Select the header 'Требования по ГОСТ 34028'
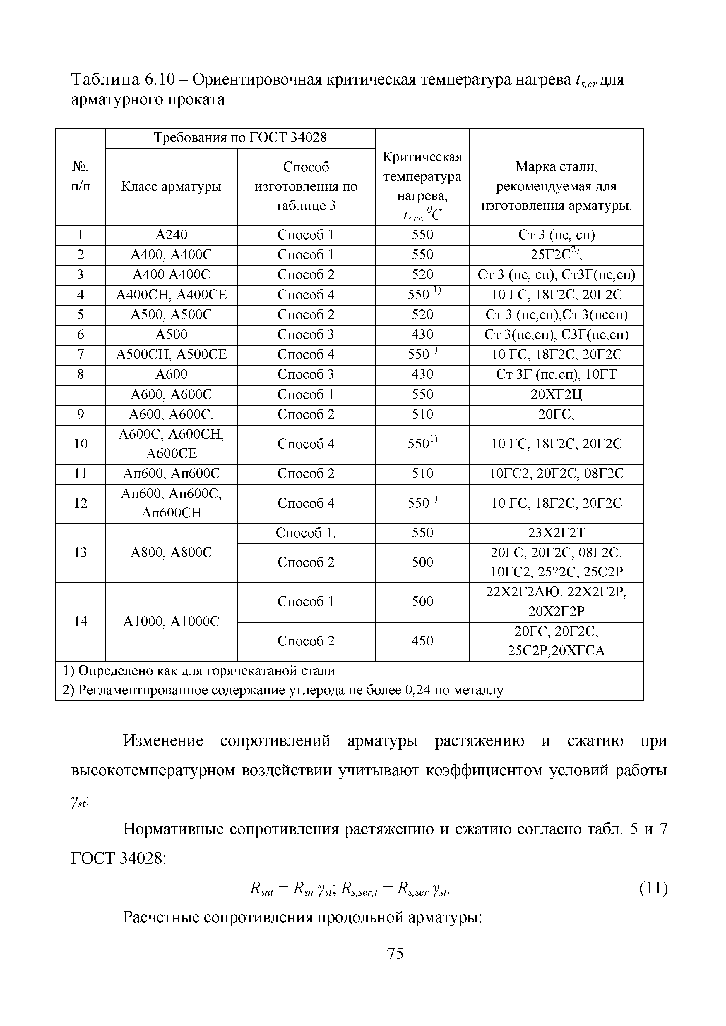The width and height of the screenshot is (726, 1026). (x=240, y=138)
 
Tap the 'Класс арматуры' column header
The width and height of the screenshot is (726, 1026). (x=171, y=186)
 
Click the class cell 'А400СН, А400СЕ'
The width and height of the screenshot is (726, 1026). (x=171, y=295)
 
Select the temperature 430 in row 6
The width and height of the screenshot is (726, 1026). (x=422, y=334)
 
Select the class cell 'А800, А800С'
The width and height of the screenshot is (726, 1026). (x=171, y=553)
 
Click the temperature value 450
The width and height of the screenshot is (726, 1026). (x=422, y=641)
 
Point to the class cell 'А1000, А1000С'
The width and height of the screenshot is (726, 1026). (x=171, y=621)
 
